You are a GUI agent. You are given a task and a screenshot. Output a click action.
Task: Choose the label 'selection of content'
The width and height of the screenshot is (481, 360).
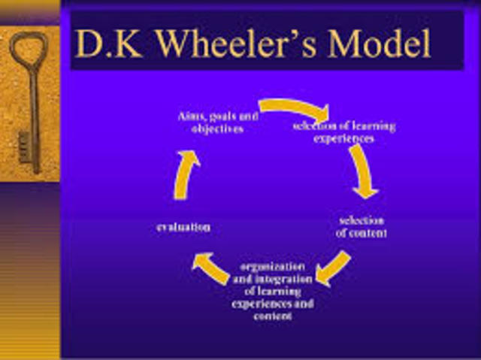pos(362,226)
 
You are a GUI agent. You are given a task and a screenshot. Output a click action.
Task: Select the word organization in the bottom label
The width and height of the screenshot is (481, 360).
pos(272,268)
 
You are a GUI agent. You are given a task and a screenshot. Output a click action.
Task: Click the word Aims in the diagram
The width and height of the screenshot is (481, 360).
pos(191,116)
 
